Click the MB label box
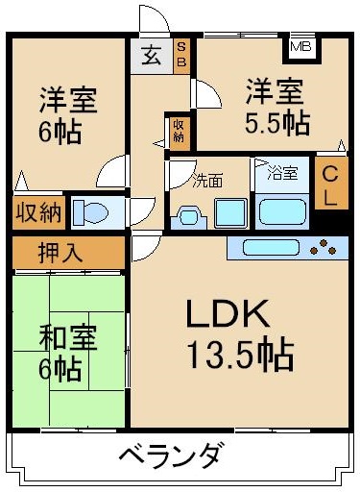300,45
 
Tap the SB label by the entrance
181,56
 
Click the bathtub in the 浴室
280,209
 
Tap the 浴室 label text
281,174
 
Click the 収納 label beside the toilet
37,211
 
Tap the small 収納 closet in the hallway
179,131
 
